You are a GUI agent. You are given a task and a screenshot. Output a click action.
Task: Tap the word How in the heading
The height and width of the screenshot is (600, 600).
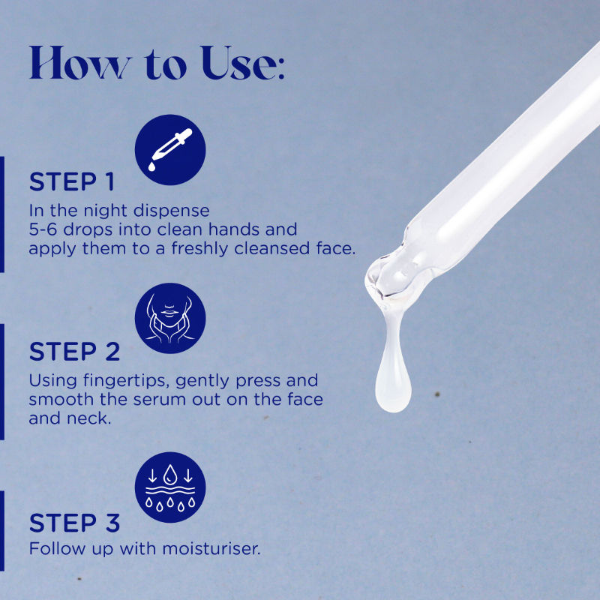pyautogui.click(x=80, y=63)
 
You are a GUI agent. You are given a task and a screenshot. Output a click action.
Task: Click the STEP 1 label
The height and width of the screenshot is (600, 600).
pyautogui.click(x=72, y=181)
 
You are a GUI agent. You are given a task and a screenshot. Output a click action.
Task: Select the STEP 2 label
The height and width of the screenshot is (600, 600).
pyautogui.click(x=74, y=352)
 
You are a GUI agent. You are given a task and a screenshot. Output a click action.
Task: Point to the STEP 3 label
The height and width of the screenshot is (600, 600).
pyautogui.click(x=74, y=523)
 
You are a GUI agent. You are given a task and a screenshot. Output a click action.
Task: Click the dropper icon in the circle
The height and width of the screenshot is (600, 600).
pyautogui.click(x=170, y=149)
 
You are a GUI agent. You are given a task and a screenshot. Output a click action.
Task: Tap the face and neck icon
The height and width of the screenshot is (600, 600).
pyautogui.click(x=170, y=318)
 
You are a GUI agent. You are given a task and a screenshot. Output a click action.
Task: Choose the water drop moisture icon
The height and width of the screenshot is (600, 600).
pyautogui.click(x=170, y=487)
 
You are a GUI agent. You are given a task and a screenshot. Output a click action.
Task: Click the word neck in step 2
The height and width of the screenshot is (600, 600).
pyautogui.click(x=88, y=418)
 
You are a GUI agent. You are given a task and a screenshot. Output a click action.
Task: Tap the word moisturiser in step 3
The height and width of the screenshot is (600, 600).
pyautogui.click(x=211, y=549)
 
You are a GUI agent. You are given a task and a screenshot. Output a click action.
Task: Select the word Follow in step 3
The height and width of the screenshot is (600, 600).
pyautogui.click(x=58, y=549)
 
